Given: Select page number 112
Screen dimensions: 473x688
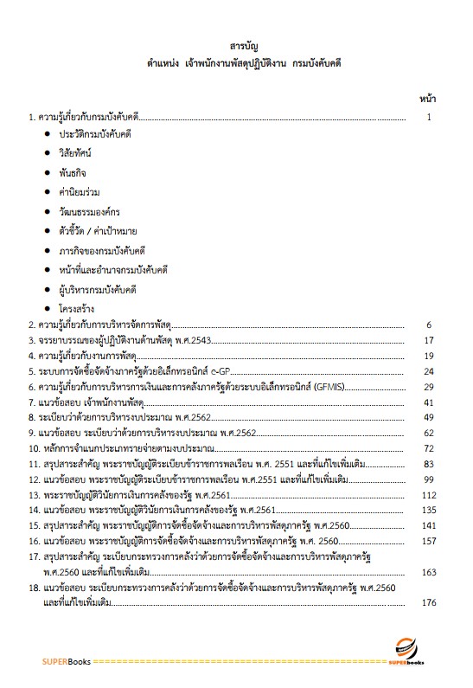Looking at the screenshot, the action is click(425, 496).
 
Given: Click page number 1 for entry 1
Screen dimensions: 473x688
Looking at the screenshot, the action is click(429, 115).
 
